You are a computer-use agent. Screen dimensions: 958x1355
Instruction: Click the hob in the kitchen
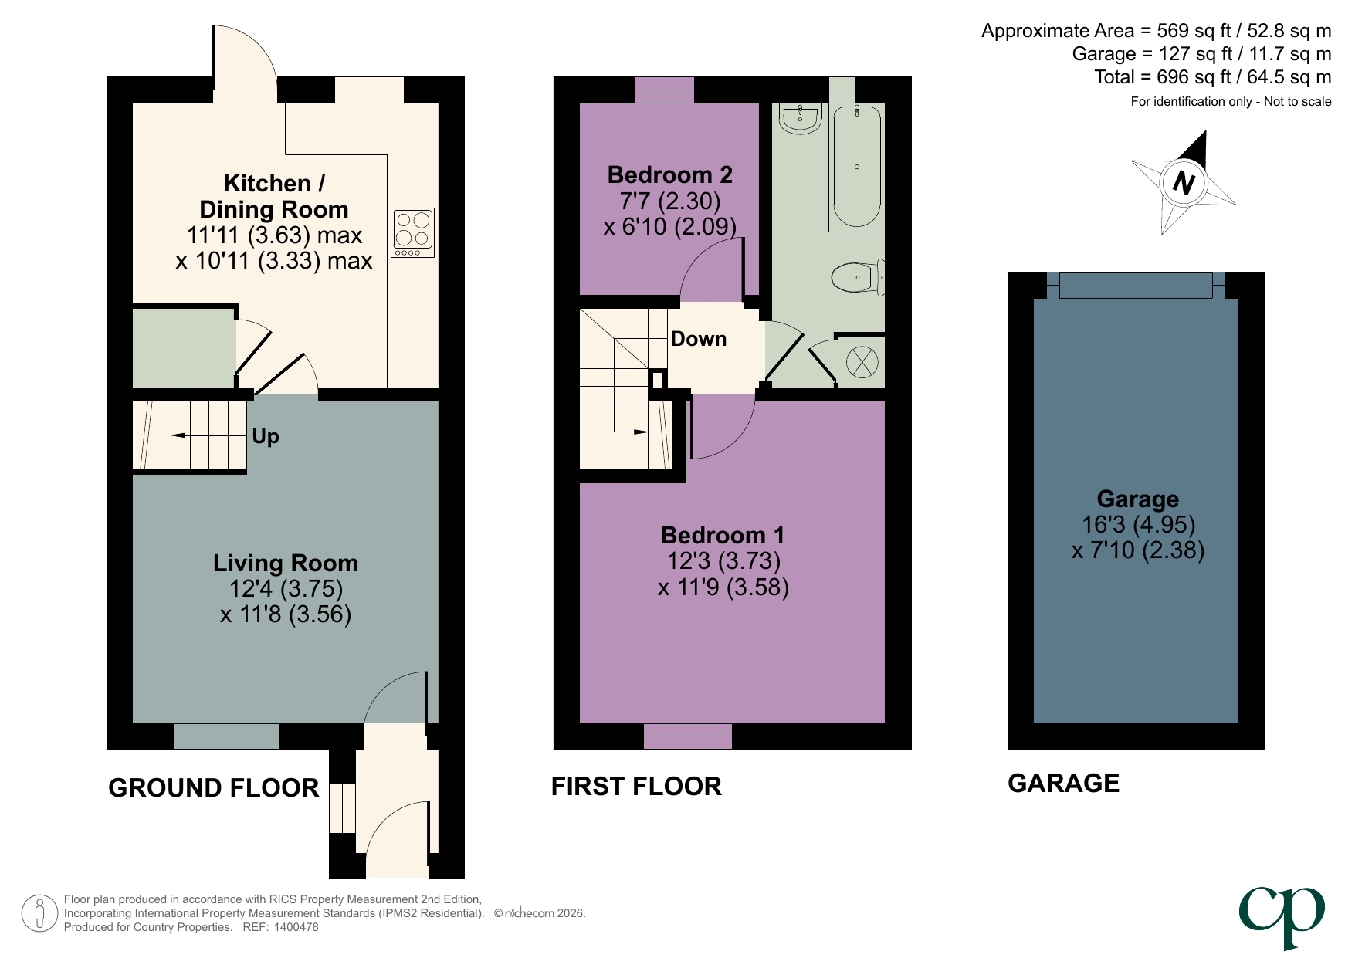pos(412,232)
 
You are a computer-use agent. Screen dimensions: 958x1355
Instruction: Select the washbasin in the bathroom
pos(800,119)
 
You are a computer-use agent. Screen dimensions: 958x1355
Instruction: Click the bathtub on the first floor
pos(857,166)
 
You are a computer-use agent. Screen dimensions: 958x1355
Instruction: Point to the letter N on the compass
pos(1183,183)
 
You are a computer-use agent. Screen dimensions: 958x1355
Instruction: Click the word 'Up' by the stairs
pos(265,436)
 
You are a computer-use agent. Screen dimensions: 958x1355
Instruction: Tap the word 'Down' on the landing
pos(698,339)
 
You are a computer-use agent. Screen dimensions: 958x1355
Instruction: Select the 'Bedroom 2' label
pos(669,175)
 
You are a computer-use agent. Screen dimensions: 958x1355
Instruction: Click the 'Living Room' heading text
pos(285,563)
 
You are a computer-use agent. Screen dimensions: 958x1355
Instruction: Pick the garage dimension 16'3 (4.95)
pos(1138,525)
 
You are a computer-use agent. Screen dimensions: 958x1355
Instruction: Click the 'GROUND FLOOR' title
pos(213,787)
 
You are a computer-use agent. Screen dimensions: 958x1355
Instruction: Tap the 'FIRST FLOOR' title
pos(636,786)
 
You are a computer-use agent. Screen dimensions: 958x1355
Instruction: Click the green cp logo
pos(1282,915)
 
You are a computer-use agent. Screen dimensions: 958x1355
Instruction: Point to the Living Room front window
pos(226,736)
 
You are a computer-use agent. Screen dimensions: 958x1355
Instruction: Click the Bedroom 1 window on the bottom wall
pos(687,736)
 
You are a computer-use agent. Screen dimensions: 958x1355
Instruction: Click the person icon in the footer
pos(39,913)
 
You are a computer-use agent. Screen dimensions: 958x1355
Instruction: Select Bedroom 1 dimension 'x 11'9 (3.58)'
pos(723,587)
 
